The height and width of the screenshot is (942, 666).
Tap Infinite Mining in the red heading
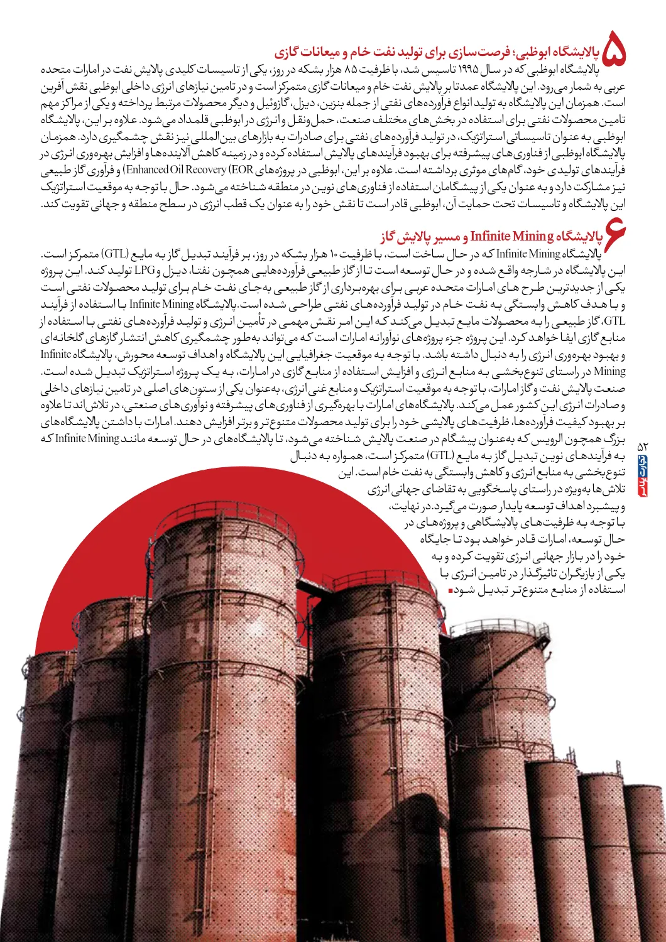(x=511, y=237)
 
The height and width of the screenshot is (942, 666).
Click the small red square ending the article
(x=450, y=591)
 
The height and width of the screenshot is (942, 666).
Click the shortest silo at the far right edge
(x=644, y=848)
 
